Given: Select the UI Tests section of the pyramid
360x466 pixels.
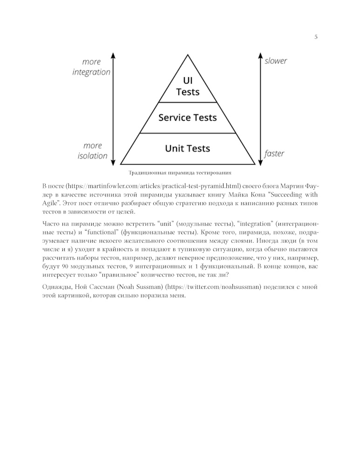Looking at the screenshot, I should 188,86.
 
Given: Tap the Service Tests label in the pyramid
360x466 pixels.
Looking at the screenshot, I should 188,117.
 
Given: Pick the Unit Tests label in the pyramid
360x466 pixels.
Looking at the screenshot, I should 188,149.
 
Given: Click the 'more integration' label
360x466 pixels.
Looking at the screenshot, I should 91,67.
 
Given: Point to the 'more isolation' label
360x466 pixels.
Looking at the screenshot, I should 93,151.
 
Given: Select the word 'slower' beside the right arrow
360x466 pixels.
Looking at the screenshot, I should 276,61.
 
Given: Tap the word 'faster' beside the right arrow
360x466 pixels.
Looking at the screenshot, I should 274,153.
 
